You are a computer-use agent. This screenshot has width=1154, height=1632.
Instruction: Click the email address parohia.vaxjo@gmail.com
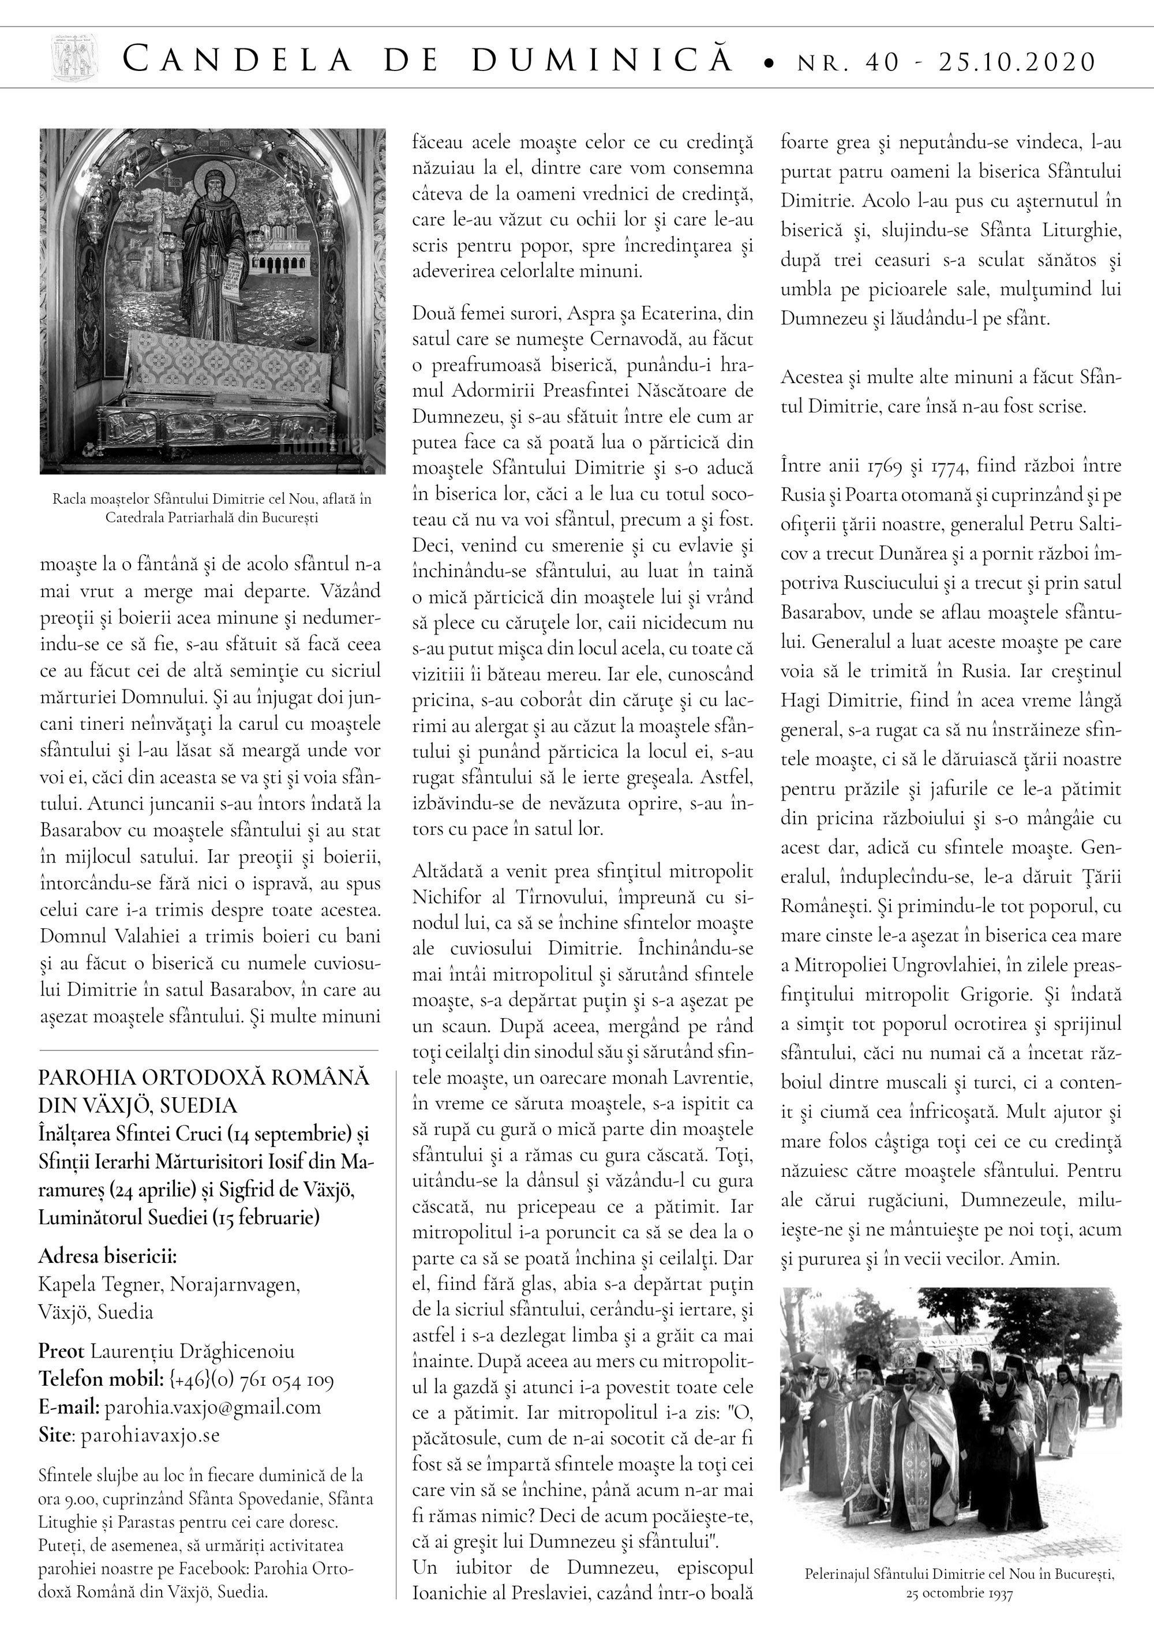(x=212, y=1408)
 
